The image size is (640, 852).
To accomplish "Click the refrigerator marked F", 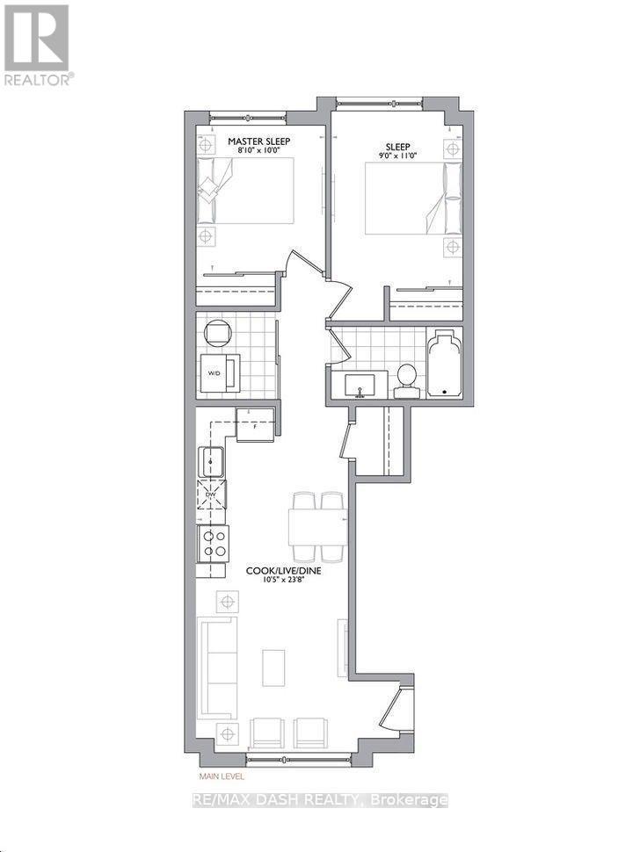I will [254, 429].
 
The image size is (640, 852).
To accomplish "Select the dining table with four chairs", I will [317, 526].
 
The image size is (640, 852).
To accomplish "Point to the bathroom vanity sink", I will [360, 385].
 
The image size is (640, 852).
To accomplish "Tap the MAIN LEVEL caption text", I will [221, 776].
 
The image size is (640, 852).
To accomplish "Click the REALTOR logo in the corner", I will [39, 44].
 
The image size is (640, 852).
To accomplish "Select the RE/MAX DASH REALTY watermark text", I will [320, 800].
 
